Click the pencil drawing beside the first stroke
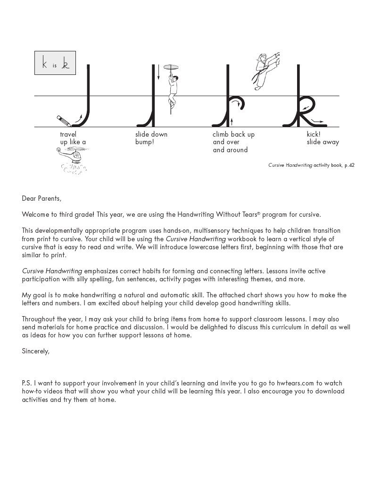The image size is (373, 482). (64, 120)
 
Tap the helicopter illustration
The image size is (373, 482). (72, 159)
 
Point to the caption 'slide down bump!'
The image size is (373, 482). (151, 138)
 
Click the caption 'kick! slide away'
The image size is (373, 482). (323, 138)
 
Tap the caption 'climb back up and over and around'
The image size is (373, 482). (233, 142)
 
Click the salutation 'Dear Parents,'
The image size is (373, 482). (41, 198)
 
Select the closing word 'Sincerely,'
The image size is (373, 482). (35, 351)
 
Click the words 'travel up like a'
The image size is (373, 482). (73, 138)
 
